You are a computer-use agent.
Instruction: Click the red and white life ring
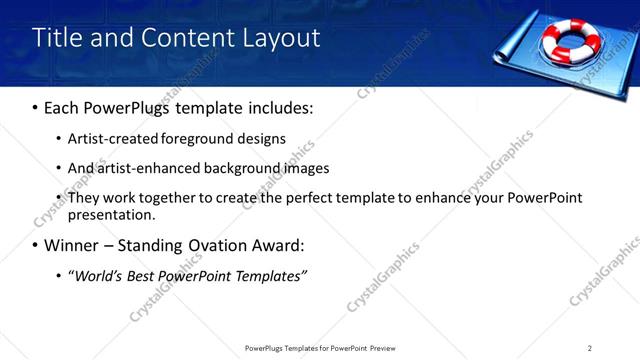pos(570,40)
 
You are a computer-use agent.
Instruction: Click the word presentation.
pos(111,214)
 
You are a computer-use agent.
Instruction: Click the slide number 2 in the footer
pos(589,348)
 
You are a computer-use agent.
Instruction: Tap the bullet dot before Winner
pos(35,245)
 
